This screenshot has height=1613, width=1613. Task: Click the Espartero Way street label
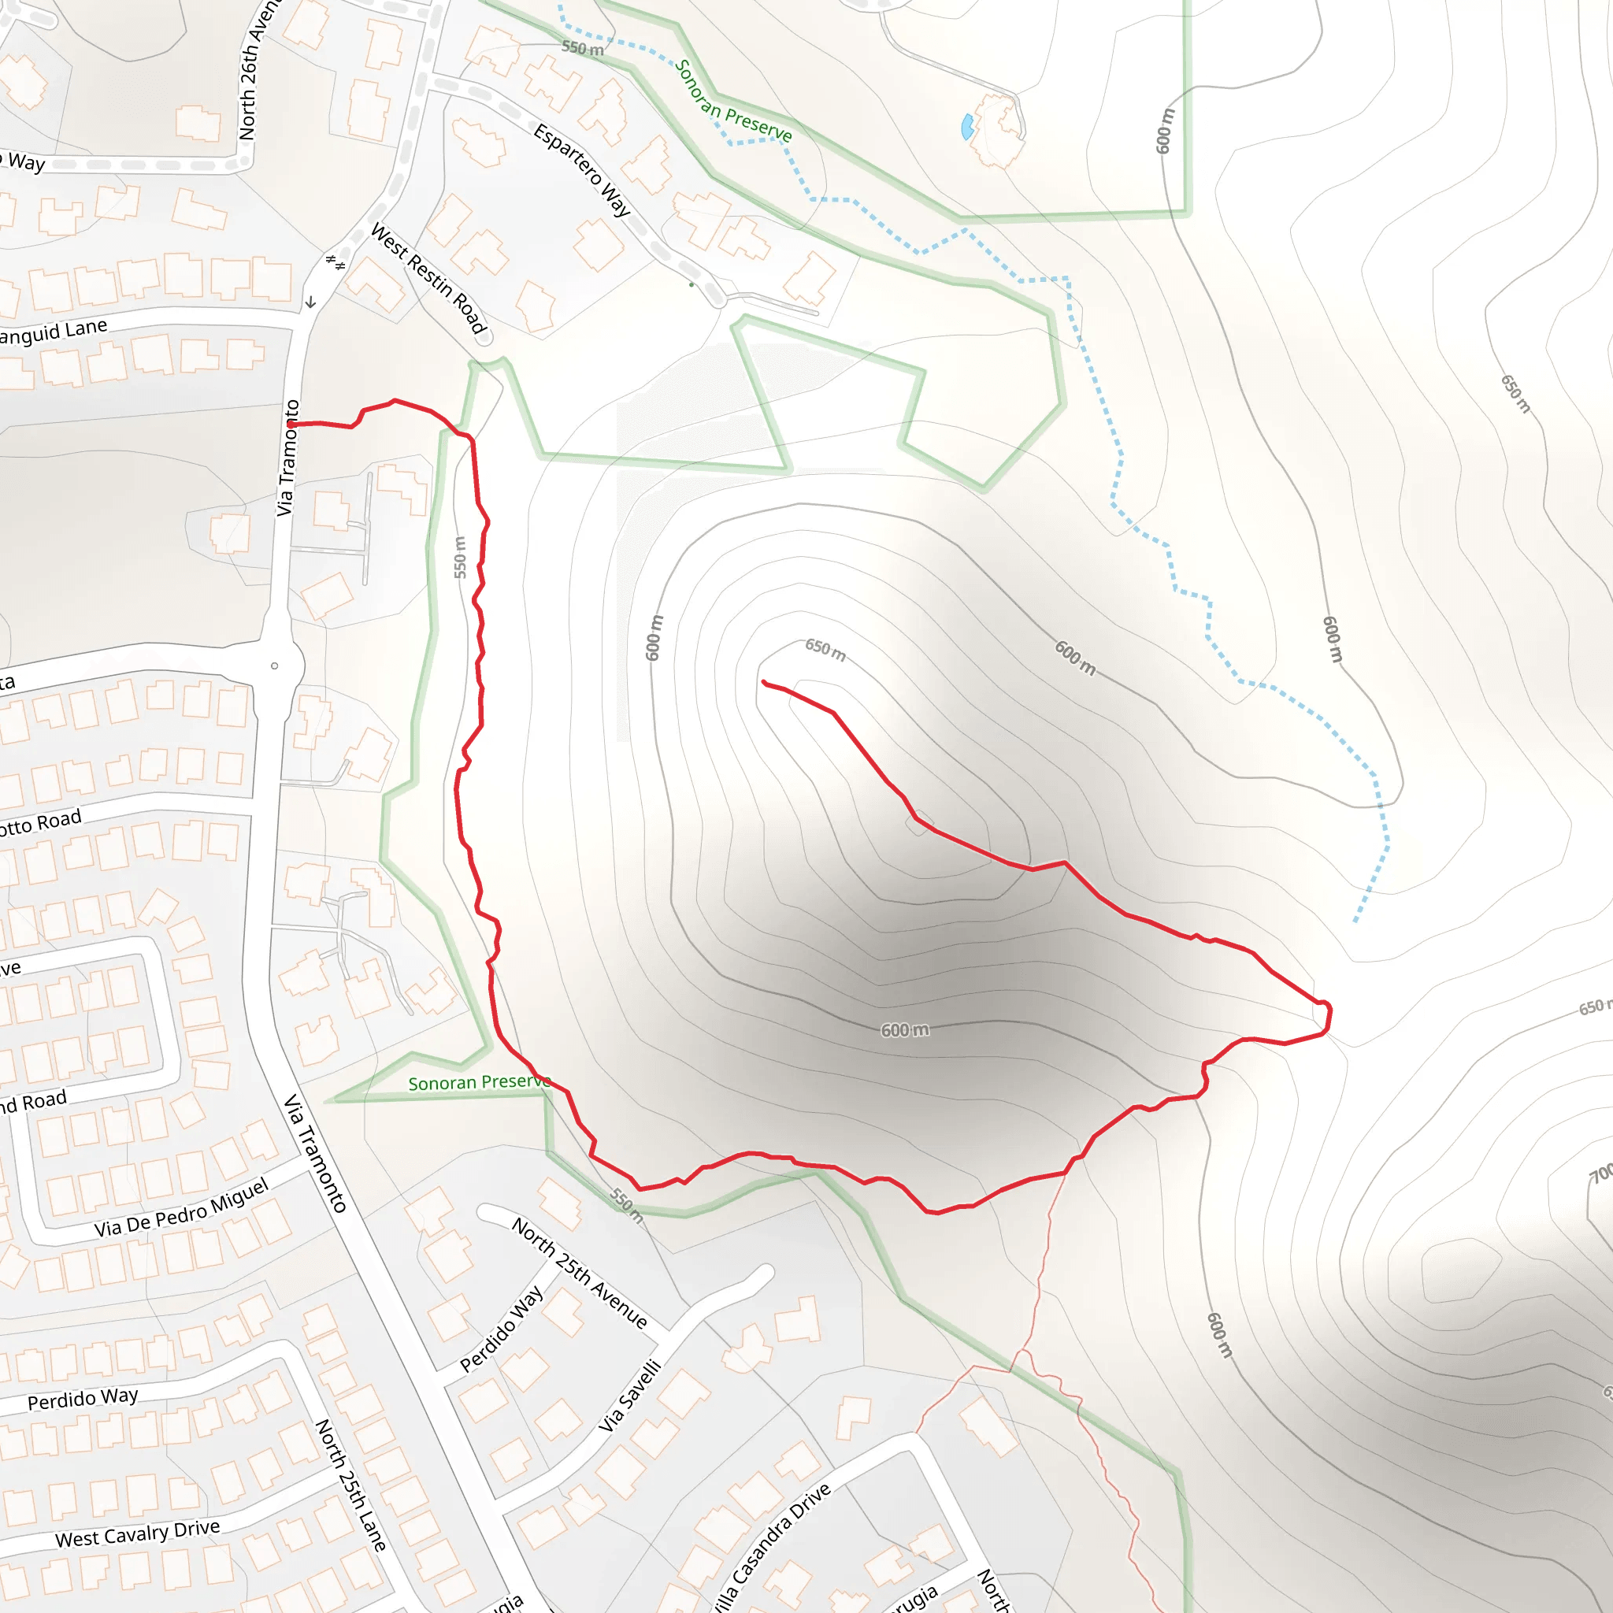pyautogui.click(x=582, y=169)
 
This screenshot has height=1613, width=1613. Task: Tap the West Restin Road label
pyautogui.click(x=428, y=277)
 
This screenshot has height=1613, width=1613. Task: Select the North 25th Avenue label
pyautogui.click(x=580, y=1273)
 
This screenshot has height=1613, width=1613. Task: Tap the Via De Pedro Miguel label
pyautogui.click(x=181, y=1207)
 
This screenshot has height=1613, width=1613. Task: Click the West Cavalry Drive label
pyautogui.click(x=138, y=1533)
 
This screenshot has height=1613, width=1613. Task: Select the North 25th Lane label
pyautogui.click(x=350, y=1485)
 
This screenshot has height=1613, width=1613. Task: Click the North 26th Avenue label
pyautogui.click(x=259, y=71)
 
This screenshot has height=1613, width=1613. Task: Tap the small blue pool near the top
pyautogui.click(x=968, y=127)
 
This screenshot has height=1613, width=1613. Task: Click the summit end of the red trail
pyautogui.click(x=764, y=682)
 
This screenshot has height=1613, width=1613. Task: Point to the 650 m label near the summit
pyautogui.click(x=825, y=649)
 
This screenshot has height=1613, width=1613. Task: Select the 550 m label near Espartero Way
pyautogui.click(x=582, y=48)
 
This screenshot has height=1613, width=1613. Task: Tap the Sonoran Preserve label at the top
pyautogui.click(x=733, y=102)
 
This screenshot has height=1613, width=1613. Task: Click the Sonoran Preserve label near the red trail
pyautogui.click(x=478, y=1083)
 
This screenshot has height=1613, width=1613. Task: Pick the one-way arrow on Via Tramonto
pyautogui.click(x=310, y=302)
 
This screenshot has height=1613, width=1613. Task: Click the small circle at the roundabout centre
pyautogui.click(x=275, y=666)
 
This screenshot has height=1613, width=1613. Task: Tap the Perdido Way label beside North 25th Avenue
pyautogui.click(x=502, y=1327)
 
